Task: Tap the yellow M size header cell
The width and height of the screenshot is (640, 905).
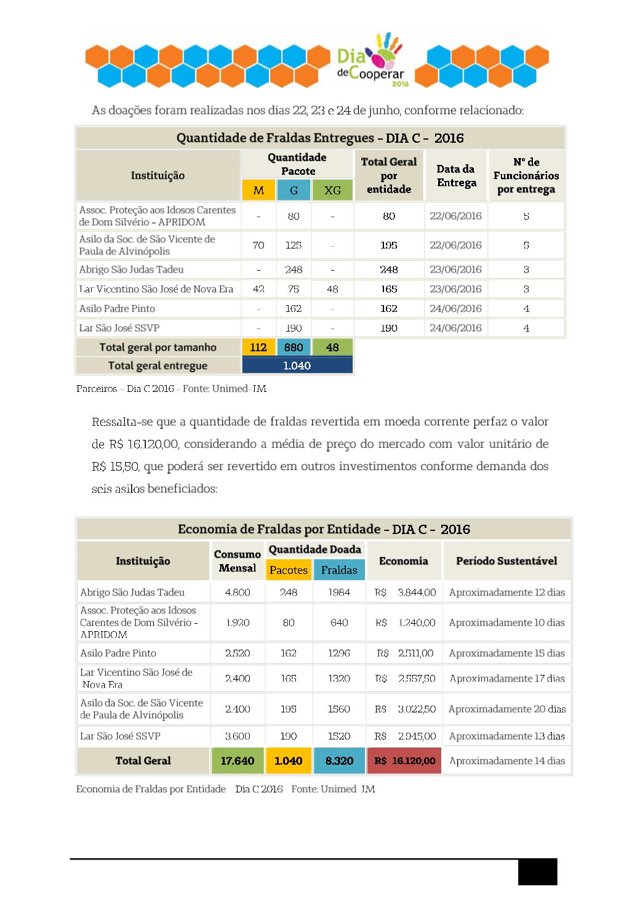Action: pyautogui.click(x=258, y=190)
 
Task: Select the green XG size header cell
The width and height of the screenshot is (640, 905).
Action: pyautogui.click(x=332, y=190)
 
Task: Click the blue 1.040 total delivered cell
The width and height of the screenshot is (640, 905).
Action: pyautogui.click(x=297, y=365)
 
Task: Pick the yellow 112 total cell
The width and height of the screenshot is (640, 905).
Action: pyautogui.click(x=258, y=348)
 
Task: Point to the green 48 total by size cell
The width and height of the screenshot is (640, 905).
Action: pyautogui.click(x=332, y=348)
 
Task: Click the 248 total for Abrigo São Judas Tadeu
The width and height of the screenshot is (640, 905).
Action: pyautogui.click(x=389, y=269)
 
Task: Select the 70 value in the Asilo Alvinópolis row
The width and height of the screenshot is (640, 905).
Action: pyautogui.click(x=258, y=245)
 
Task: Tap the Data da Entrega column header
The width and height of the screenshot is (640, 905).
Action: pyautogui.click(x=456, y=175)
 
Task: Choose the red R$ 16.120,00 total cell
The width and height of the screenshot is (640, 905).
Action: pyautogui.click(x=404, y=761)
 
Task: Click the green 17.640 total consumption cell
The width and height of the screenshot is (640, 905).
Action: pyautogui.click(x=238, y=761)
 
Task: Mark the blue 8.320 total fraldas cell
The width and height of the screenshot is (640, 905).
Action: pyautogui.click(x=339, y=761)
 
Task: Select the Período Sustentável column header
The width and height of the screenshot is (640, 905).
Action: pyautogui.click(x=506, y=561)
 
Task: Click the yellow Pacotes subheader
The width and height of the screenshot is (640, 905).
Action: pyautogui.click(x=289, y=570)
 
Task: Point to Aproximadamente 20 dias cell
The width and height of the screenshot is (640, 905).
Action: pyautogui.click(x=507, y=709)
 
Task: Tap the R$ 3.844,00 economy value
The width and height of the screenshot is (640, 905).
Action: pyautogui.click(x=406, y=592)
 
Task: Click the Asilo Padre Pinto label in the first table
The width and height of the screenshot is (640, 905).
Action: pyautogui.click(x=117, y=309)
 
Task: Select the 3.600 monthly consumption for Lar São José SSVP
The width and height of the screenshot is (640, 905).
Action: pyautogui.click(x=238, y=736)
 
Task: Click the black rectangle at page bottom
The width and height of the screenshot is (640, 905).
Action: pyautogui.click(x=537, y=872)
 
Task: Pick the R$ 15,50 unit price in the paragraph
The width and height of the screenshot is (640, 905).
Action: pyautogui.click(x=115, y=466)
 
